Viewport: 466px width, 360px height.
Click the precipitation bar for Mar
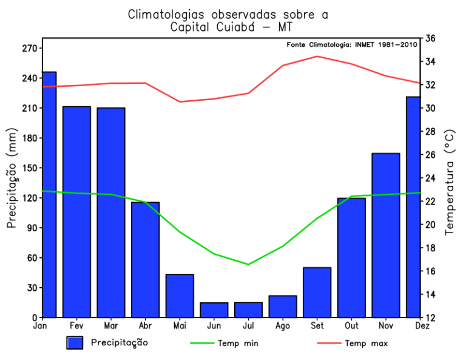[111, 212]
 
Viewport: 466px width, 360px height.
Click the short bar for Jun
[214, 310]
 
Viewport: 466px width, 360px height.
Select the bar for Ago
[283, 306]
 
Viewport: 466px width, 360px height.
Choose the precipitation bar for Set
[317, 292]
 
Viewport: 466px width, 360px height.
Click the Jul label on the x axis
[248, 326]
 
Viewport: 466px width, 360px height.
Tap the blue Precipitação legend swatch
[75, 343]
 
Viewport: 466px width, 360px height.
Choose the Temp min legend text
[241, 344]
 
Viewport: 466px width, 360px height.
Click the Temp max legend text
[366, 344]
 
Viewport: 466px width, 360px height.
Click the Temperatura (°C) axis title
[450, 182]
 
